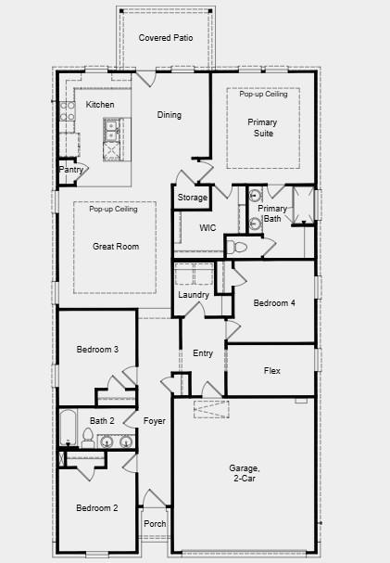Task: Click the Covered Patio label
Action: pos(166,38)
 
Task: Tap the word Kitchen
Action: pos(100,105)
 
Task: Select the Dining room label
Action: pos(170,115)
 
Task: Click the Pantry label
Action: pos(71,170)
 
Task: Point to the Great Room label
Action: pos(116,247)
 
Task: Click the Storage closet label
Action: pos(193,198)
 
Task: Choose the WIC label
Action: pos(208,227)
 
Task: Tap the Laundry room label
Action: pos(194,295)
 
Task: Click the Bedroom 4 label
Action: pos(274,303)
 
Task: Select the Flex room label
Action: pos(272,371)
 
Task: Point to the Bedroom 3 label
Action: pos(97,350)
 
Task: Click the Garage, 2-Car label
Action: pos(245,473)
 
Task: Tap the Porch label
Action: pos(155,524)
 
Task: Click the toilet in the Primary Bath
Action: pos(237,247)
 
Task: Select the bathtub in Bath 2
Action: pos(68,428)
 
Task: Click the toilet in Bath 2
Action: pos(87,438)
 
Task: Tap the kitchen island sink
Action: pos(112,130)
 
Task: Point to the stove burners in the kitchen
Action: pos(68,111)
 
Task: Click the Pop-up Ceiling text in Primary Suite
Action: pos(263,94)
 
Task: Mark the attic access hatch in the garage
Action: pos(211,409)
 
